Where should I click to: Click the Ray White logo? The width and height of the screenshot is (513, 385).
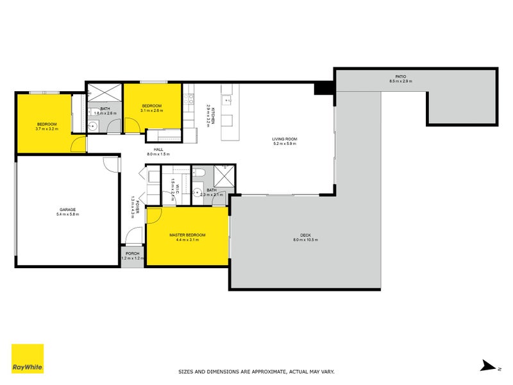point(28,359)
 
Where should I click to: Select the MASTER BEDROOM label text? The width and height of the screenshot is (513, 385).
point(187,235)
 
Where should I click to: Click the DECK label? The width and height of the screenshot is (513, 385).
point(305,235)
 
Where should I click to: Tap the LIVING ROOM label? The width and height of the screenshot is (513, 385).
point(285,139)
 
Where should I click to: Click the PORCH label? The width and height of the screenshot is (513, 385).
point(133,253)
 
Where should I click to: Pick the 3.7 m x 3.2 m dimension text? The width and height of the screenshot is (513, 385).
point(47,129)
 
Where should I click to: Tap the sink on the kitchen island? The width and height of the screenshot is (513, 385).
point(226,99)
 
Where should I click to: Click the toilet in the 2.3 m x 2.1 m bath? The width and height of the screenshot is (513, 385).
point(198,173)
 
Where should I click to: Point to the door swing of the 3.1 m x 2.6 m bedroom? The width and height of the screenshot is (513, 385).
point(133,124)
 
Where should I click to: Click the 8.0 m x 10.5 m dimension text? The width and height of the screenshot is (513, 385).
point(305,240)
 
